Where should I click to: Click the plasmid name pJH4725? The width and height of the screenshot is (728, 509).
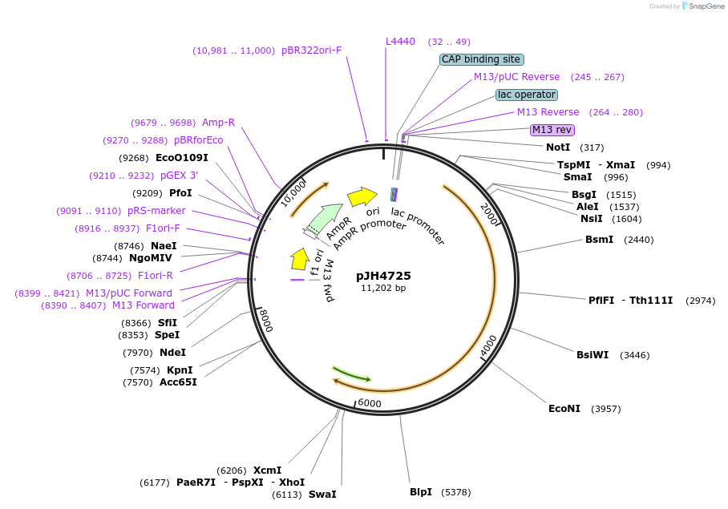pyautogui.click(x=383, y=276)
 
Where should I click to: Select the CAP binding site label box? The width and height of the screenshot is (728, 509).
pyautogui.click(x=481, y=59)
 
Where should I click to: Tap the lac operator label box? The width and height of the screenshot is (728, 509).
pyautogui.click(x=526, y=95)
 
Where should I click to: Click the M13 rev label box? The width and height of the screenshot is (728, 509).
pyautogui.click(x=552, y=130)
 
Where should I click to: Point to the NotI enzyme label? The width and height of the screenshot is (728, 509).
pyautogui.click(x=558, y=147)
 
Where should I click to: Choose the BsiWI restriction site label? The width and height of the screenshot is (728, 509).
pyautogui.click(x=593, y=355)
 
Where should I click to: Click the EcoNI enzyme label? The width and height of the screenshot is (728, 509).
pyautogui.click(x=564, y=409)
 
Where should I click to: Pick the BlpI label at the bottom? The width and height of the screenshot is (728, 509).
pyautogui.click(x=421, y=491)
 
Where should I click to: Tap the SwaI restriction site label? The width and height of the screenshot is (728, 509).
pyautogui.click(x=322, y=495)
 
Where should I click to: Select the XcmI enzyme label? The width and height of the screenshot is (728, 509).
pyautogui.click(x=268, y=471)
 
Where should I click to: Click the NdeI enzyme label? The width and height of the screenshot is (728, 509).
pyautogui.click(x=172, y=352)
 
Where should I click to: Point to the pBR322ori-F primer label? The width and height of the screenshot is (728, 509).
pyautogui.click(x=311, y=50)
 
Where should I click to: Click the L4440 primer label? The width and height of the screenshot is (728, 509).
pyautogui.click(x=401, y=42)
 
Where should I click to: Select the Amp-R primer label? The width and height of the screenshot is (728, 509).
pyautogui.click(x=218, y=123)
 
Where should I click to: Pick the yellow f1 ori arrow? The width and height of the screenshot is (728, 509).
pyautogui.click(x=299, y=259)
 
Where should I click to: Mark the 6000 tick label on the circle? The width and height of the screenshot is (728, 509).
pyautogui.click(x=370, y=403)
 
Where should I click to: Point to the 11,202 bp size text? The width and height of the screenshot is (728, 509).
pyautogui.click(x=383, y=288)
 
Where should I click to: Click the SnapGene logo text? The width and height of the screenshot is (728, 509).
pyautogui.click(x=705, y=6)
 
